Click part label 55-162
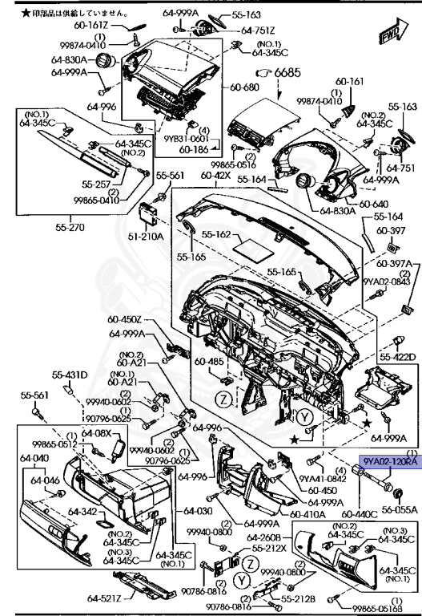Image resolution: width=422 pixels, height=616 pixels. [216, 235]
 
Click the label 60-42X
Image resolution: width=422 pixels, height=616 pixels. [216, 174]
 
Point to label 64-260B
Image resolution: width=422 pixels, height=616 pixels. [263, 537]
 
